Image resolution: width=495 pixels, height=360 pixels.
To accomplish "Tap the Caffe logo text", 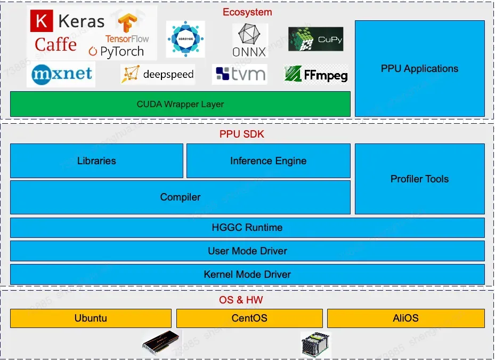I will pyautogui.click(x=55, y=45).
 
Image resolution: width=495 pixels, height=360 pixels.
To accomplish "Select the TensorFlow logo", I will pyautogui.click(x=127, y=29).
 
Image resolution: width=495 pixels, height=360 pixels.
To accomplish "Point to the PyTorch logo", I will pyautogui.click(x=116, y=52).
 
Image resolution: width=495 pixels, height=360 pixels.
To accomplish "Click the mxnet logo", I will pyautogui.click(x=61, y=74).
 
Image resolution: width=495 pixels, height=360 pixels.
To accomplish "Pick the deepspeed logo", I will pyautogui.click(x=158, y=74).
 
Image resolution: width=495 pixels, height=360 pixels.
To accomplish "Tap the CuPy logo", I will pyautogui.click(x=315, y=39).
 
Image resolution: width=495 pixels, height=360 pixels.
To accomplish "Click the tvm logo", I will pyautogui.click(x=239, y=75).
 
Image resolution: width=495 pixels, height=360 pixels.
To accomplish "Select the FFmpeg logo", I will pyautogui.click(x=316, y=75).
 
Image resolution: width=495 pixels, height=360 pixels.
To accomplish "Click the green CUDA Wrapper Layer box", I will pyautogui.click(x=180, y=104).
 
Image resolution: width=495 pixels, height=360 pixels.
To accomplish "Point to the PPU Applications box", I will pyautogui.click(x=419, y=69).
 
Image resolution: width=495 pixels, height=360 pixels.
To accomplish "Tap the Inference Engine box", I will pyautogui.click(x=268, y=161).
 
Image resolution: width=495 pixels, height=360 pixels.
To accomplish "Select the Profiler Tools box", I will pyautogui.click(x=419, y=179).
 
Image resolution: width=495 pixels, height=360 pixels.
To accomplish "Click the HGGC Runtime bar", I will pyautogui.click(x=247, y=227).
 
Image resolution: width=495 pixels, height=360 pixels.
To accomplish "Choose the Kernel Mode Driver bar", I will pyautogui.click(x=247, y=274).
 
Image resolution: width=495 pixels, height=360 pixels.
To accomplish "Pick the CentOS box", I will pyautogui.click(x=249, y=318).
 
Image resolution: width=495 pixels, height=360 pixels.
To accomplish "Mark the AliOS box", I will pyautogui.click(x=405, y=318).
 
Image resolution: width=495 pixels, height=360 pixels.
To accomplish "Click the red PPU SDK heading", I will pyautogui.click(x=241, y=134).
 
